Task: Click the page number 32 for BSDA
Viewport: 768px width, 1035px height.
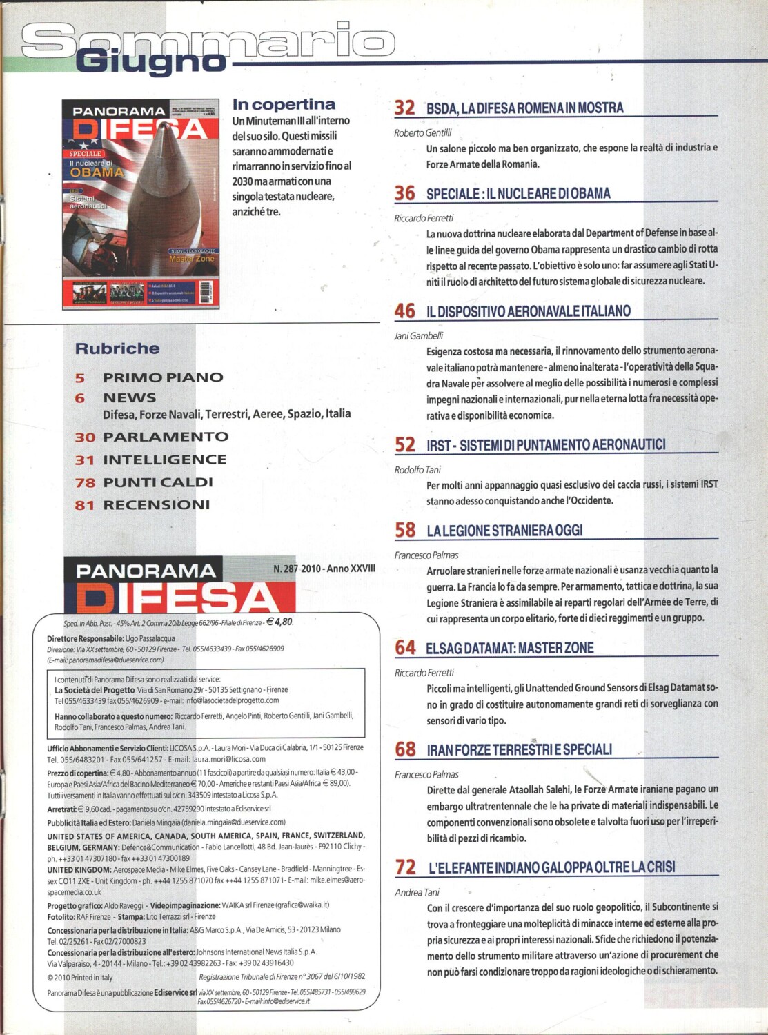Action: [x=404, y=108]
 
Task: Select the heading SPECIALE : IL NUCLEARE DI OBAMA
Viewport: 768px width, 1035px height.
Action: [x=518, y=194]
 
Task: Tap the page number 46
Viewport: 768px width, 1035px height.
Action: [x=404, y=311]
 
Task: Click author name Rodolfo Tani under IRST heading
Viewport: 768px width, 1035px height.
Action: [x=417, y=470]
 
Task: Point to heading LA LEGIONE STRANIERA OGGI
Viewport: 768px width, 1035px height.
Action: [x=504, y=531]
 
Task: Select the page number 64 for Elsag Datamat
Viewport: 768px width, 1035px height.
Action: [x=405, y=648]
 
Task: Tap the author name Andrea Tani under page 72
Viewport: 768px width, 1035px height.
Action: [x=417, y=892]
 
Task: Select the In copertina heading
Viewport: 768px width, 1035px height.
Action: [x=284, y=105]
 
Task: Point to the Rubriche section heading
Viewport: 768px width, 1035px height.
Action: [x=117, y=348]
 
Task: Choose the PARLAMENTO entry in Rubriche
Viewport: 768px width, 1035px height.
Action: [x=166, y=437]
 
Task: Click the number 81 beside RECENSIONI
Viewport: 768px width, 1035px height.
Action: [x=84, y=505]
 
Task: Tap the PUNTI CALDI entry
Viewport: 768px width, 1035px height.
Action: [x=158, y=482]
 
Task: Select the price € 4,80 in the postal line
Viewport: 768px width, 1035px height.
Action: [x=279, y=622]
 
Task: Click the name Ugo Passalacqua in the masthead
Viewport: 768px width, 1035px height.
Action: [x=150, y=639]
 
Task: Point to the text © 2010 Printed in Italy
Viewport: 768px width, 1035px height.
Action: [x=80, y=977]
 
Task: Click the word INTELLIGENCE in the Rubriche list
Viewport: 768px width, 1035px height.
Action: [x=165, y=460]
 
